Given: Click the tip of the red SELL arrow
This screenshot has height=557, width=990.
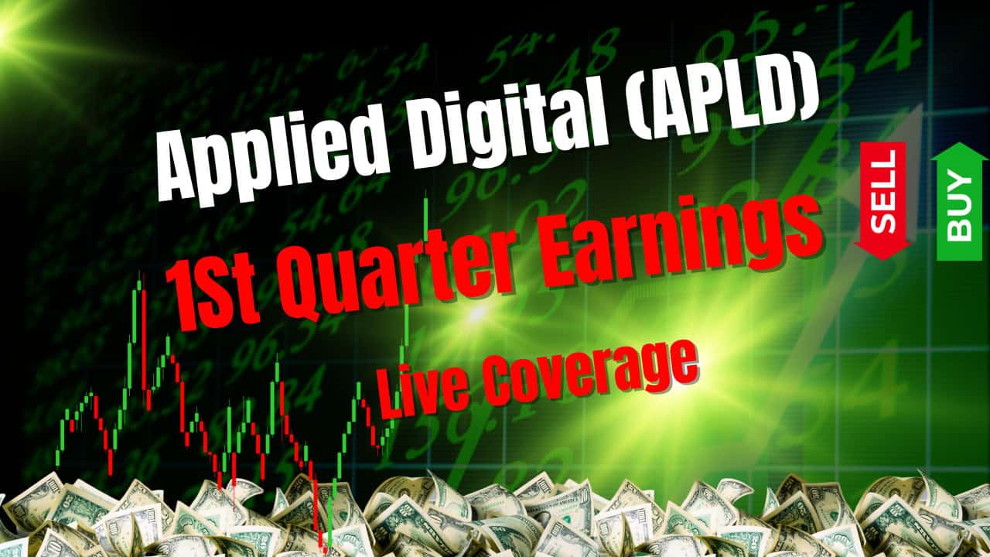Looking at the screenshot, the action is coord(882,259).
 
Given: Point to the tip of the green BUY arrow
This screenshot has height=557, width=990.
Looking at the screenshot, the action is coord(960,143).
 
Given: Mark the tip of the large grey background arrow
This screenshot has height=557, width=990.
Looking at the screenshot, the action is coord(920,104).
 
